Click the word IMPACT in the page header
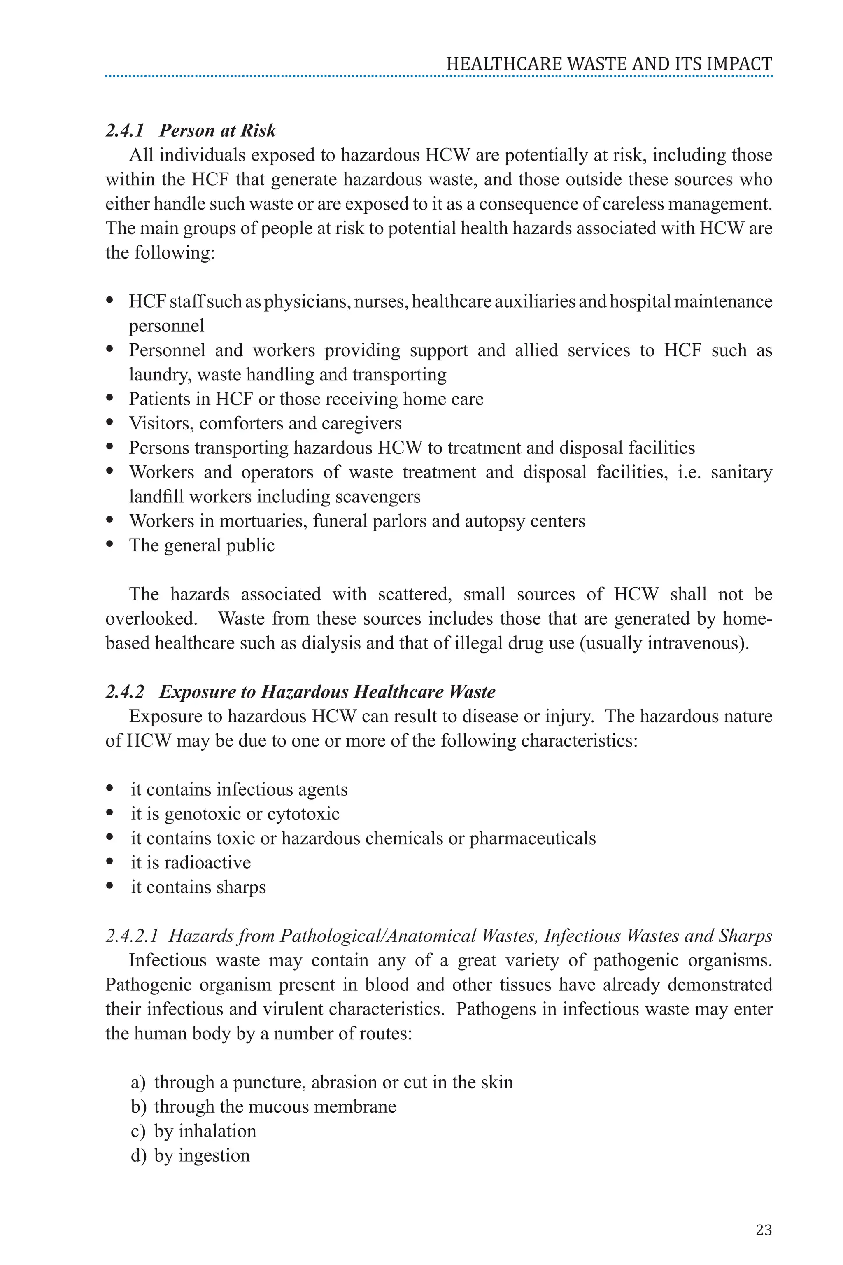tap(739, 64)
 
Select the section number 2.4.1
tap(125, 131)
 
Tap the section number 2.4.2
tap(125, 692)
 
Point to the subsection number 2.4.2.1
tap(132, 936)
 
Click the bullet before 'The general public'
tap(110, 544)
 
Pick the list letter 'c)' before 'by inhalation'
tap(137, 1131)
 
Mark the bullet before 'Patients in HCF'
tap(110, 398)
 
